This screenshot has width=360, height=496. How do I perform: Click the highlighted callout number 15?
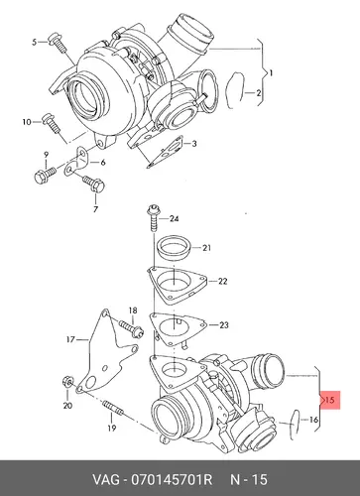[330, 400]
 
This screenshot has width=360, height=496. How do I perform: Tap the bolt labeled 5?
[58, 43]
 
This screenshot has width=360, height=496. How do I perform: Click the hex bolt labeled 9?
[46, 175]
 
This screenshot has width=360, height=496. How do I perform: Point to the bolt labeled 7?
[94, 184]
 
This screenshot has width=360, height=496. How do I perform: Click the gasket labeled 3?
[166, 152]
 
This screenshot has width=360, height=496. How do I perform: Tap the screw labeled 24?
[154, 218]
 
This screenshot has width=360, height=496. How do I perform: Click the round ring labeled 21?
[174, 250]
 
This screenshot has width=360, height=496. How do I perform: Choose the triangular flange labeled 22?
[177, 285]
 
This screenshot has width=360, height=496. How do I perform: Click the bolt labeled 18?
[131, 328]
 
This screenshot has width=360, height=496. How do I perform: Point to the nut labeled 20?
[66, 382]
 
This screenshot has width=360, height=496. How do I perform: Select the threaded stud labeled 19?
[113, 408]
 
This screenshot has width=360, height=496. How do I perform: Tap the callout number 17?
[70, 339]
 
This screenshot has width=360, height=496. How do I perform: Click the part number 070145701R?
[172, 479]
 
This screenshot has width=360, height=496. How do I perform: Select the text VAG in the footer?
[105, 479]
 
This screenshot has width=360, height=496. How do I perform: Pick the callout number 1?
[271, 72]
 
